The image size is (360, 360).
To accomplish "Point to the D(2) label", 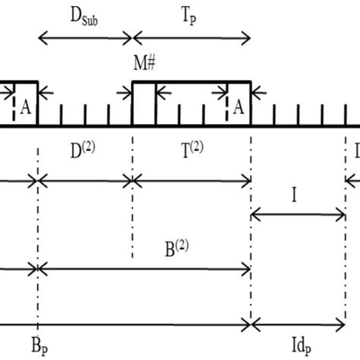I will pyautogui.click(x=84, y=150).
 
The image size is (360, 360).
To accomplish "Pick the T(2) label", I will pyautogui.click(x=191, y=150).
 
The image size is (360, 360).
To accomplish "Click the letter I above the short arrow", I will pyautogui.click(x=294, y=197).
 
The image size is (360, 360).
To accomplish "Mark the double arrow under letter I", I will pyautogui.click(x=298, y=216).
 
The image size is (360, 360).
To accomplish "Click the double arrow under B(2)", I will pyautogui.click(x=144, y=267).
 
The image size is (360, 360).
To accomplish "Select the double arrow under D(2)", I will pyautogui.click(x=85, y=180).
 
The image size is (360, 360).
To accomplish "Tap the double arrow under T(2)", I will pyautogui.click(x=191, y=180).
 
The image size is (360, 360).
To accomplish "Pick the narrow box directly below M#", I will pyautogui.click(x=144, y=104).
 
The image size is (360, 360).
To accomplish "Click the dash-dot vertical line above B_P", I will pyautogui.click(x=37, y=228).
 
